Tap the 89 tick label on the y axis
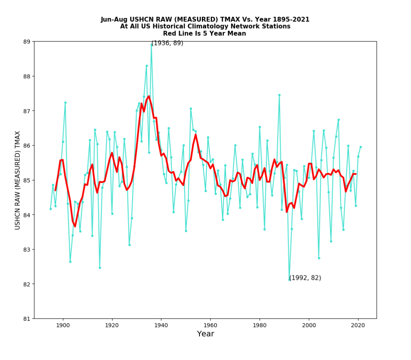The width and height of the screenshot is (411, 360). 27,42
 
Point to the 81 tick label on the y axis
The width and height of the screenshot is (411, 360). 27,319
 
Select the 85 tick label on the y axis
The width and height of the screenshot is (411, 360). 27,180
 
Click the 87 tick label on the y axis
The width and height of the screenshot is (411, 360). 27,111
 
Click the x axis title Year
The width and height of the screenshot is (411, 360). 205,334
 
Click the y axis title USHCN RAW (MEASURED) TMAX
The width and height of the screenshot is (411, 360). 18,180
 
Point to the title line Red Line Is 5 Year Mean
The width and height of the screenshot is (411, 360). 205,34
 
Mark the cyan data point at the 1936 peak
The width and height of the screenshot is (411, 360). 151,45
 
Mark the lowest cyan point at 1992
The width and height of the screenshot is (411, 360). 289,280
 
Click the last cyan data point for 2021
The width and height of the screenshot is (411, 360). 360,147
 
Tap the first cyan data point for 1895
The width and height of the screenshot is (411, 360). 51,209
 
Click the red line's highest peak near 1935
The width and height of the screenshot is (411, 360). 149,96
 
